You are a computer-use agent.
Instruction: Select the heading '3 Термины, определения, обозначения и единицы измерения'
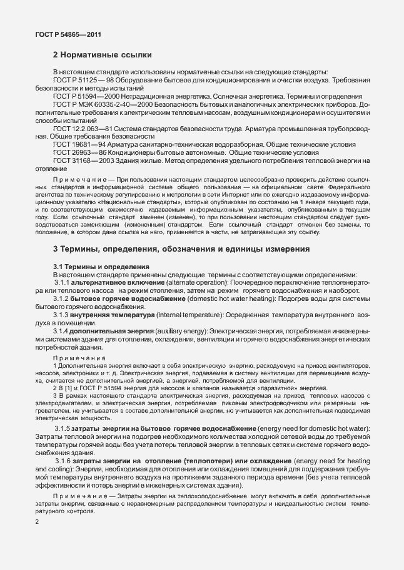[181, 250]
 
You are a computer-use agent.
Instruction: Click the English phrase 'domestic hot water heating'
[205, 298]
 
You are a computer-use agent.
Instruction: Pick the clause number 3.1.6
[64, 459]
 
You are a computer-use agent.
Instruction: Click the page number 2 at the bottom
[38, 539]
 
